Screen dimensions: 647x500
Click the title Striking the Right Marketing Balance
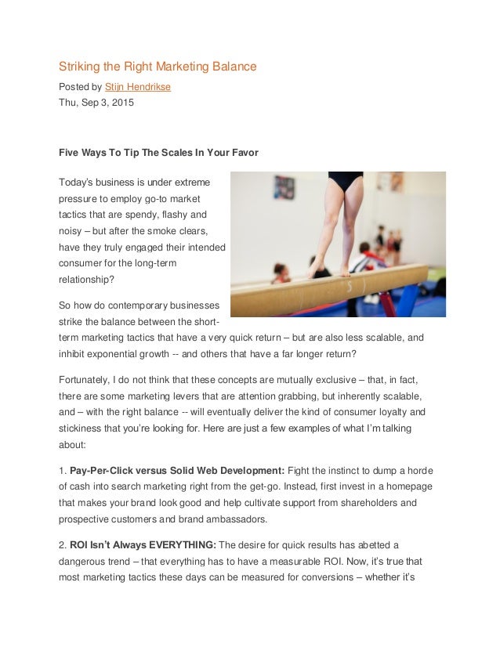click(x=158, y=67)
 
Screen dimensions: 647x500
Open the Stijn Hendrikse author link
click(x=137, y=86)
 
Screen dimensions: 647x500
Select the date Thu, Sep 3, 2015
click(x=96, y=103)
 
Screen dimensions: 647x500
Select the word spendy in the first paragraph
click(x=149, y=215)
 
